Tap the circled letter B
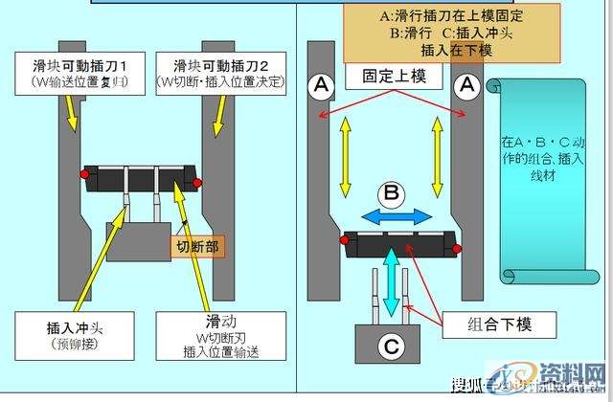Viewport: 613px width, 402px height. (392, 192)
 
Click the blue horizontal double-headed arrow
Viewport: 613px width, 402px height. (392, 215)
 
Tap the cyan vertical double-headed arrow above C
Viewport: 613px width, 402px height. (392, 280)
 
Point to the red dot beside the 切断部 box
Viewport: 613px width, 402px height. (197, 181)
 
